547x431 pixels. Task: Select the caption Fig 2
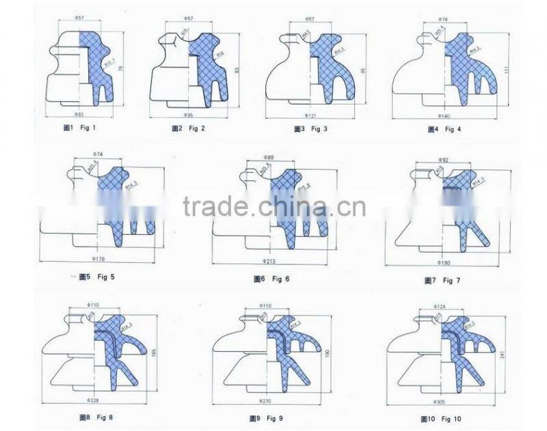pos(187,128)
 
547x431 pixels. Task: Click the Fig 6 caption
pos(271,279)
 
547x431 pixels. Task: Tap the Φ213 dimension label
pos(269,261)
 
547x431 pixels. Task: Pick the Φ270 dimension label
pos(265,400)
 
